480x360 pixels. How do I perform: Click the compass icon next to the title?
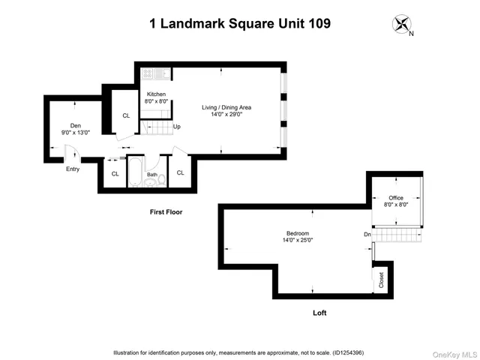point(402,25)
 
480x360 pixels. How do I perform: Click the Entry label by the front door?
point(73,169)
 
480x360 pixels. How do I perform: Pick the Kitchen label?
point(156,94)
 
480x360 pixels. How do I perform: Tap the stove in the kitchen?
point(148,74)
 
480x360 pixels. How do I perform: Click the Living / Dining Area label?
point(226,107)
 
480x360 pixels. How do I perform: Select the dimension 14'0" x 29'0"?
point(226,115)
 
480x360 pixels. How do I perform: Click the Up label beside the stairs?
point(177,127)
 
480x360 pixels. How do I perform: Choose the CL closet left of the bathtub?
point(115,173)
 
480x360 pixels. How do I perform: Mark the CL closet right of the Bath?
point(181,172)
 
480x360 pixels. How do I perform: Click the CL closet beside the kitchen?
point(126,115)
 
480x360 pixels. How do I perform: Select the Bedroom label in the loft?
point(298,234)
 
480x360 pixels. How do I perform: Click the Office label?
point(396,198)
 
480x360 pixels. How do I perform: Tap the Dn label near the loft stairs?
point(367,235)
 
